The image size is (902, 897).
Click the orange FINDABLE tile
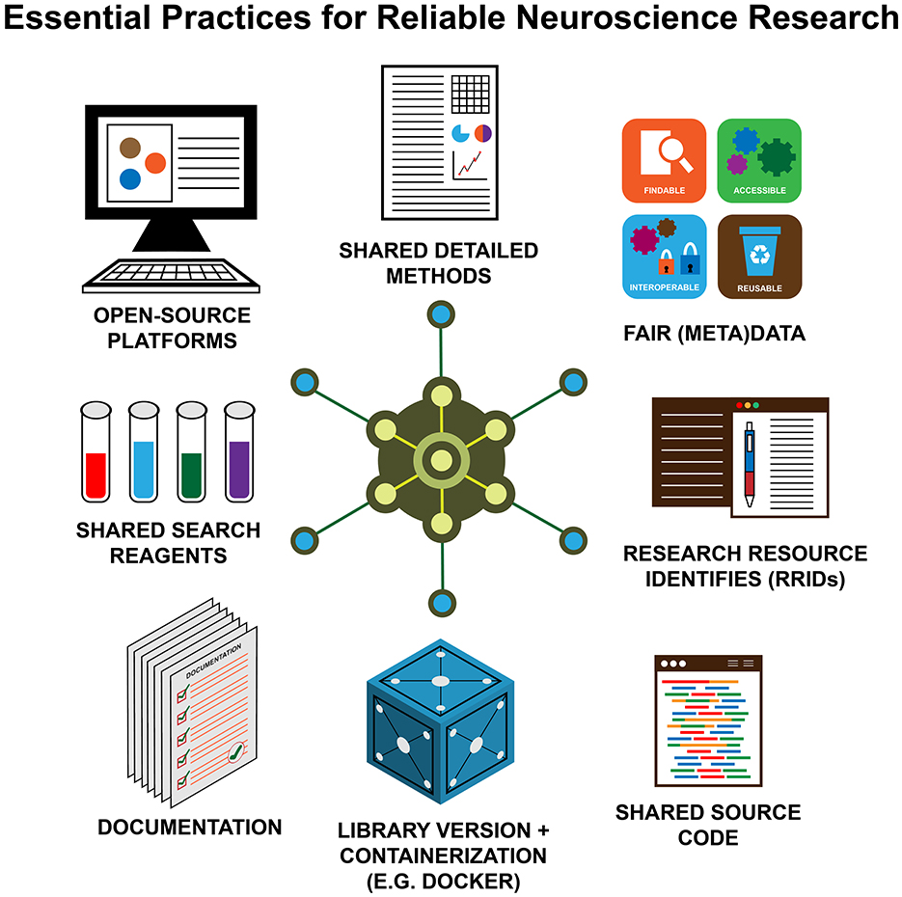(x=664, y=158)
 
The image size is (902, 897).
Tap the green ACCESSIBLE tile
(x=758, y=158)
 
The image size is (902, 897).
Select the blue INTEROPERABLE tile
(x=664, y=257)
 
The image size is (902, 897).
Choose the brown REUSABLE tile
(x=758, y=257)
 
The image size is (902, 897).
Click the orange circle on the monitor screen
(x=155, y=163)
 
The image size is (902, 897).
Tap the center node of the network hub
(x=442, y=459)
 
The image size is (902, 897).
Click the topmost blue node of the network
(x=442, y=313)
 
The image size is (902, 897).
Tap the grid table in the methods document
(x=471, y=95)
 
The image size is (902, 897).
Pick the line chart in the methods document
(x=470, y=165)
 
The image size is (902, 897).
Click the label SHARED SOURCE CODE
(x=708, y=825)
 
